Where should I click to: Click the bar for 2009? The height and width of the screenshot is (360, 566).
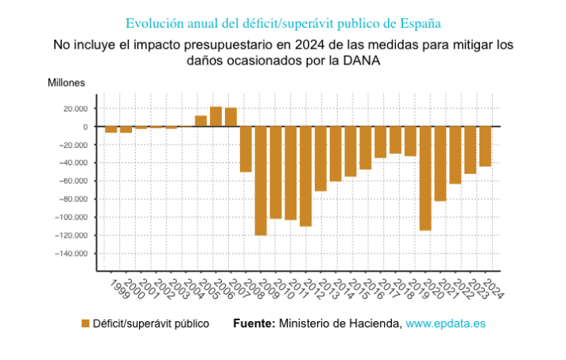pos(261,180)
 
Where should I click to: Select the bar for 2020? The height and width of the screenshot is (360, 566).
pos(425,178)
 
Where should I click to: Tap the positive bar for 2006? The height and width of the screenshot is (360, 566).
pos(215,117)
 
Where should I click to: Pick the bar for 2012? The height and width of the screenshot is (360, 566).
pos(305,176)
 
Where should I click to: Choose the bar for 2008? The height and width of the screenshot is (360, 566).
pos(246,149)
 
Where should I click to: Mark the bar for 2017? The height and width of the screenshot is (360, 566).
pos(380,141)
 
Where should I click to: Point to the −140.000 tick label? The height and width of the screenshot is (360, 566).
pos(72,254)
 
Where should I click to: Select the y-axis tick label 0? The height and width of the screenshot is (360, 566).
pos(84,127)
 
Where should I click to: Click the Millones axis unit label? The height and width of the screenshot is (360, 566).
pos(66,83)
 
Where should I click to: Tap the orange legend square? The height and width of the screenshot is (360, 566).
pos(85,323)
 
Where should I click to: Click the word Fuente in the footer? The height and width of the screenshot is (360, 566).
pos(254,323)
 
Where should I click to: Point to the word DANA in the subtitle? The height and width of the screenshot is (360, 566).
pos(361,60)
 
